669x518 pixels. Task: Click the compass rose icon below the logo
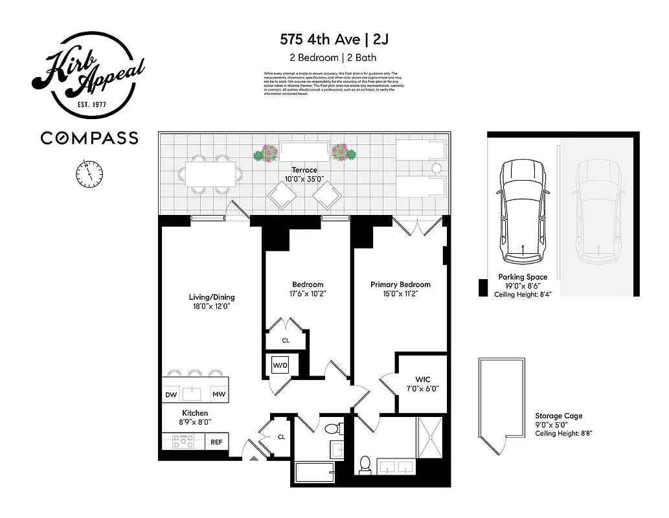pos(89,173)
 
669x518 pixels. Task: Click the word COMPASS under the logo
pos(89,138)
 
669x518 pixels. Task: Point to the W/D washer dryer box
pos(280,365)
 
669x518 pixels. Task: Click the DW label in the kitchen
pos(171,394)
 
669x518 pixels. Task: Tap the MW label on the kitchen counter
pos(219,394)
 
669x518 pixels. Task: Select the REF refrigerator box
pos(216,443)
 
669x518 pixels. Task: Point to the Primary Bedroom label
pos(400,284)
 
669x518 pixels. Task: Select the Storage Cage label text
pos(558,416)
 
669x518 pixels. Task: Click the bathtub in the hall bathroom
pos(313,471)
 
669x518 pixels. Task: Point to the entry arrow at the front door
pos(254,457)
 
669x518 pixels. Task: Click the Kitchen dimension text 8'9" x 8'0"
pos(195,422)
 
